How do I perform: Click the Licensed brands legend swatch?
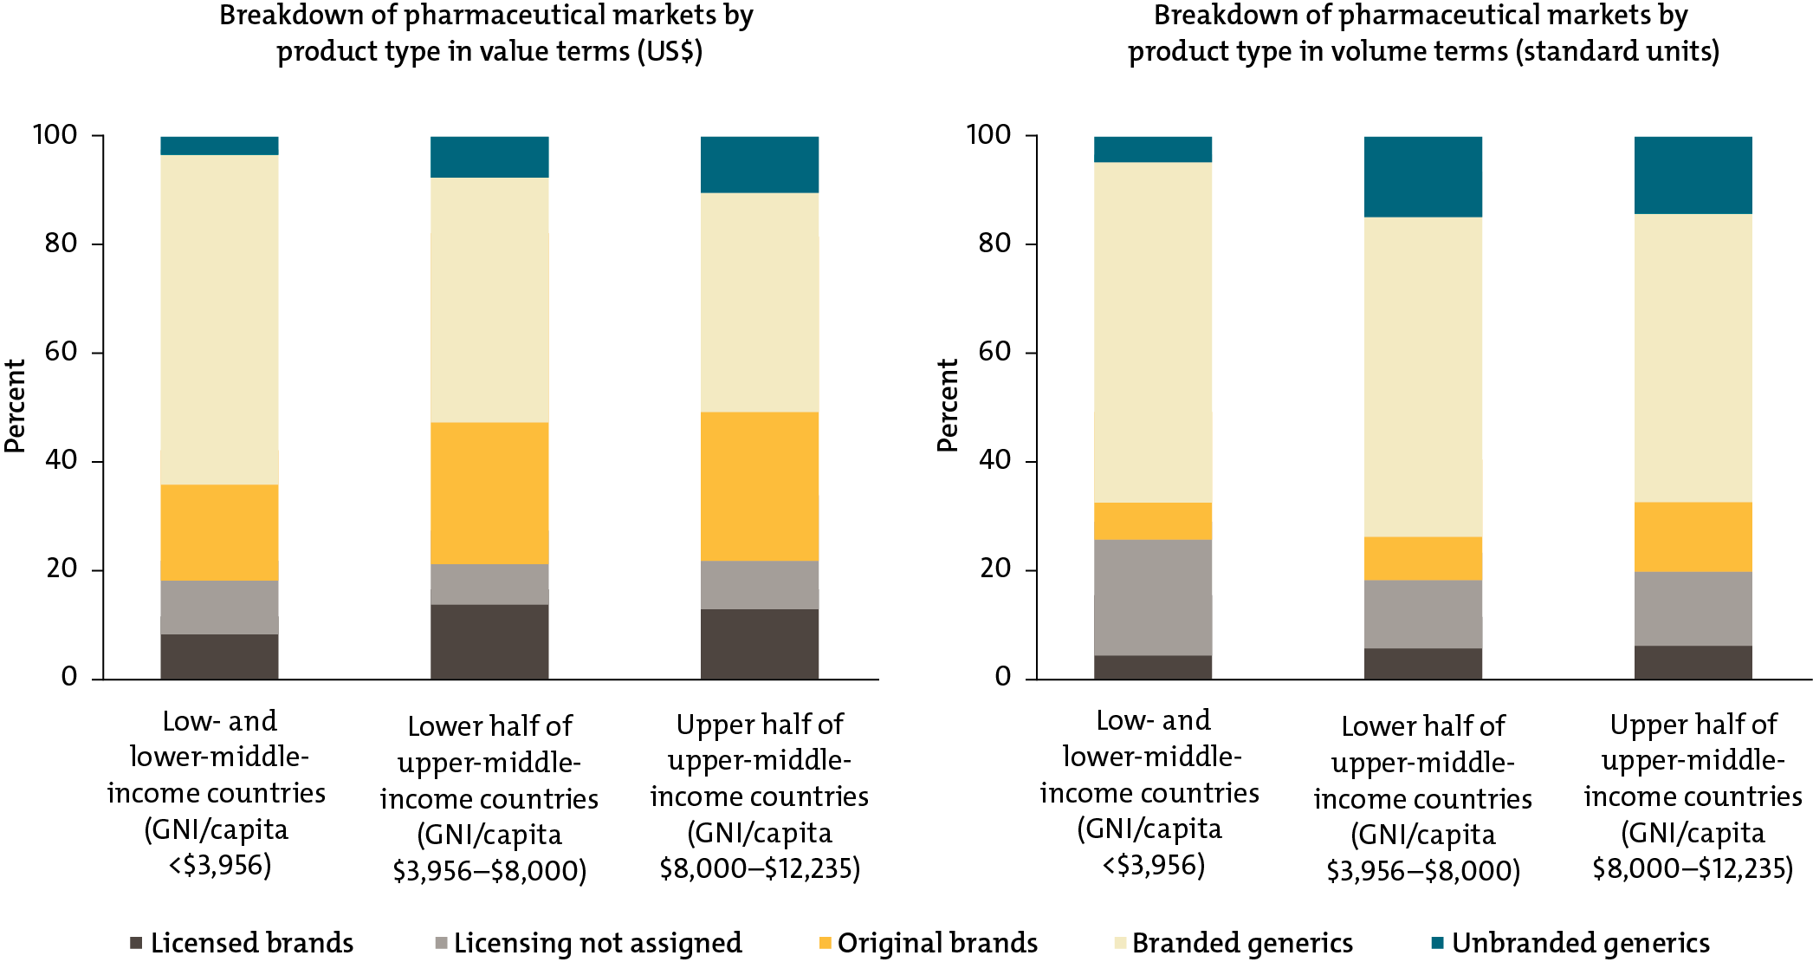(136, 943)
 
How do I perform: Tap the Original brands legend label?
(936, 943)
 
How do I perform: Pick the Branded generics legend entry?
(1241, 943)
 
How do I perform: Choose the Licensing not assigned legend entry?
(597, 943)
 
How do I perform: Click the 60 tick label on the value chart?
(61, 352)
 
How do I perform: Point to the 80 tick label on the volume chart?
(994, 244)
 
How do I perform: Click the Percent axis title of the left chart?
(15, 406)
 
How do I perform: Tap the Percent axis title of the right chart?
(948, 406)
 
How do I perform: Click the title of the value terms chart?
(487, 33)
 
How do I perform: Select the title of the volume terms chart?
(1422, 33)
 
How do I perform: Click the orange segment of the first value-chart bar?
(219, 532)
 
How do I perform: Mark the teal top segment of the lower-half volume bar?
(1422, 177)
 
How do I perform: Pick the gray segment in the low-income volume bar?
(1152, 597)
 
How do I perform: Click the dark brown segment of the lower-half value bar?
(489, 641)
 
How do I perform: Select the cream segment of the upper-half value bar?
(759, 302)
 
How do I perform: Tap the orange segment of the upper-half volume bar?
(1693, 536)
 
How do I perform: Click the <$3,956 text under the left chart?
(219, 865)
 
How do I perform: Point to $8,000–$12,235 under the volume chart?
(1693, 868)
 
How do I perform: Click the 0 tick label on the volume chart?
(1002, 678)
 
